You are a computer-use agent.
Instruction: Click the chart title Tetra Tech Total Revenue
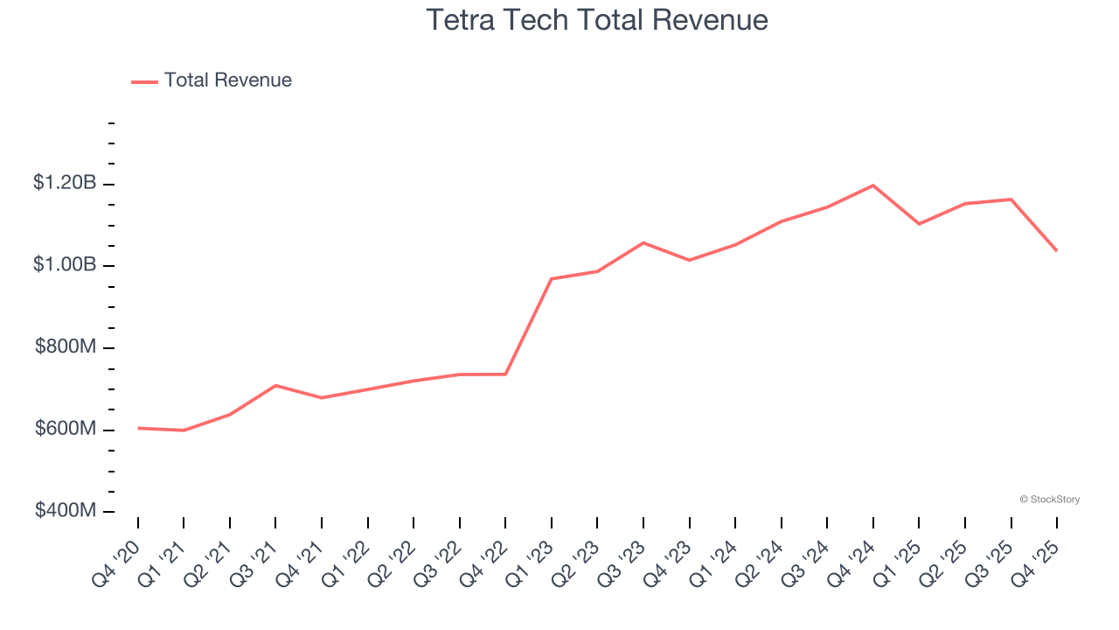[597, 19]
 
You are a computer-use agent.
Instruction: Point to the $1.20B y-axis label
[65, 183]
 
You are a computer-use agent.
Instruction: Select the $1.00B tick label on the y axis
[65, 264]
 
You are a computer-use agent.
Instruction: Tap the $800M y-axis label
[66, 346]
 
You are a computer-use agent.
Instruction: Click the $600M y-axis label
[66, 429]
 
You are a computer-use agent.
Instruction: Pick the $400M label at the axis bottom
[66, 510]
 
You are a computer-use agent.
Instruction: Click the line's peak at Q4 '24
[873, 185]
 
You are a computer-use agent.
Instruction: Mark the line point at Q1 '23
[552, 278]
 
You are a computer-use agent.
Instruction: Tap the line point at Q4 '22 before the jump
[505, 374]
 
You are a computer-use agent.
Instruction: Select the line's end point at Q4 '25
[1056, 250]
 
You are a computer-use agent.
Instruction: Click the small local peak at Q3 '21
[275, 385]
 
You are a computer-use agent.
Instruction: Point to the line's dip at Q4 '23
[690, 260]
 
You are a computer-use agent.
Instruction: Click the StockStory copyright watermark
[1049, 500]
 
